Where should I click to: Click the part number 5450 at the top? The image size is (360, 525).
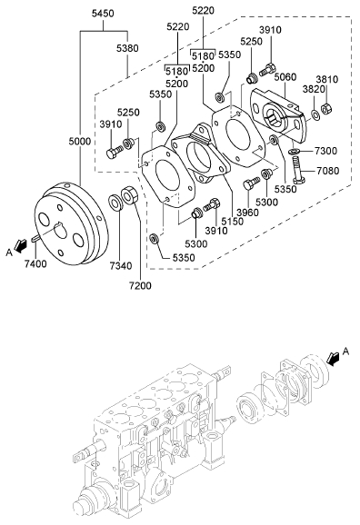(103, 14)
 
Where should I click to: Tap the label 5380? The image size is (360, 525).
(127, 48)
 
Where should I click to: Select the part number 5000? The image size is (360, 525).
(80, 142)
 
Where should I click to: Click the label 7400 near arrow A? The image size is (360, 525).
(35, 263)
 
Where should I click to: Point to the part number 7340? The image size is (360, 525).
(121, 266)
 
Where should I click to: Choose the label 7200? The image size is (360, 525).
(140, 285)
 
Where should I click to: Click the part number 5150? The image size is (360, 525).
(232, 222)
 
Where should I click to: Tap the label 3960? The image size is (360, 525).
(247, 213)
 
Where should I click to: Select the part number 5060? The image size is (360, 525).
(285, 77)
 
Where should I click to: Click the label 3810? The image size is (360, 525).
(327, 79)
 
